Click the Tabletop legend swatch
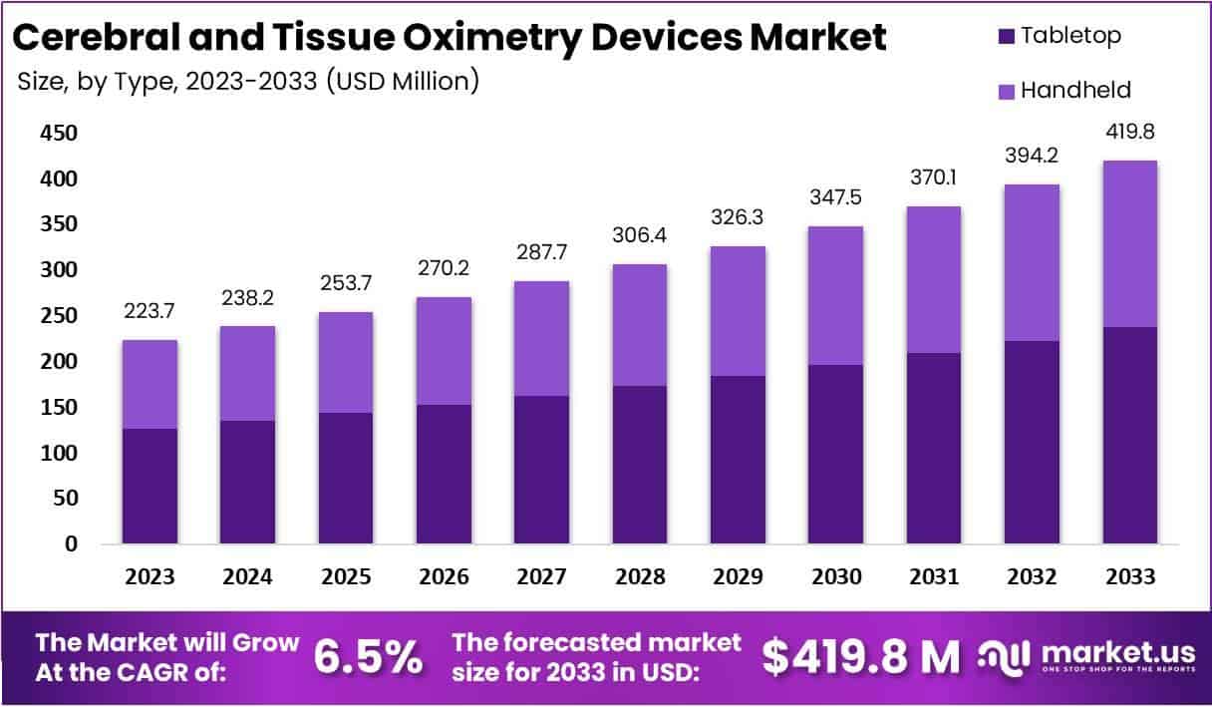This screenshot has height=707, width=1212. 1005,37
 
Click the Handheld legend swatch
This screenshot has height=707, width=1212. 1005,92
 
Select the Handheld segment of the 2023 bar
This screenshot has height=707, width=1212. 150,384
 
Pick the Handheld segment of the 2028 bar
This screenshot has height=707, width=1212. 639,325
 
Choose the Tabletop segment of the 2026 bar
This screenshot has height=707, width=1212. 444,474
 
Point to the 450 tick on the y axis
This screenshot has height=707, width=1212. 57,134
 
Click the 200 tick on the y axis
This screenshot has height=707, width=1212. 57,362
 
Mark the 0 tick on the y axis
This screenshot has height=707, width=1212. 70,544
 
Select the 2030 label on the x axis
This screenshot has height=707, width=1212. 835,577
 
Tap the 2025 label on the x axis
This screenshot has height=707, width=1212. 346,577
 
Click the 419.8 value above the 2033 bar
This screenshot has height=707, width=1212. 1130,133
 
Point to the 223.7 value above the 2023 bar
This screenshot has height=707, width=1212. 150,312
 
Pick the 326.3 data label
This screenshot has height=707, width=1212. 738,215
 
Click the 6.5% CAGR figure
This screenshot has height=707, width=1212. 369,656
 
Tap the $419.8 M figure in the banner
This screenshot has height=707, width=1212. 861,656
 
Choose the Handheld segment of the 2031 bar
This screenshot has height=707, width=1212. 934,280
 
